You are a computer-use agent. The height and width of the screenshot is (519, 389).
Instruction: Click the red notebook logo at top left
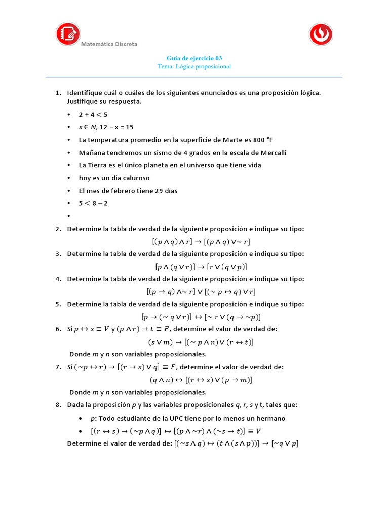point(68,34)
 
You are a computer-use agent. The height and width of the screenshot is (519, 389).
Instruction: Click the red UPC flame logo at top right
point(322,34)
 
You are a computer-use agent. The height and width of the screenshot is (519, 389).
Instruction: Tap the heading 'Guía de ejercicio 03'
point(194,58)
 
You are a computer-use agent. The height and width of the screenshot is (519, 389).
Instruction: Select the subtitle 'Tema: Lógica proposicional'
point(194,67)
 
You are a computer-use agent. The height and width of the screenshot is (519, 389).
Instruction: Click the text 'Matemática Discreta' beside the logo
point(109,44)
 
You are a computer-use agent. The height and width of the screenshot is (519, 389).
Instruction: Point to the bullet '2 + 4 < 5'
point(93,114)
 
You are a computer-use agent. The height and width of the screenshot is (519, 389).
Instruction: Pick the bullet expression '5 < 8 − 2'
point(93,203)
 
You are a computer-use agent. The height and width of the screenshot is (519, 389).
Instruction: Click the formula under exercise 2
point(201,242)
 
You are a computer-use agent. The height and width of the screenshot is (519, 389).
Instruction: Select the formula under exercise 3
point(201,267)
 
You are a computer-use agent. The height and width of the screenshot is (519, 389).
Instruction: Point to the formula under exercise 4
point(201,291)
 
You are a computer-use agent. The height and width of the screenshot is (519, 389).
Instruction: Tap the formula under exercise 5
point(201,317)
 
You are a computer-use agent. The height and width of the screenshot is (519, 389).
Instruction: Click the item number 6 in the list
point(58,329)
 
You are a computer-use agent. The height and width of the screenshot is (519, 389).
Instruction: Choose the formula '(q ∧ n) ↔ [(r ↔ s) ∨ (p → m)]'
point(201,380)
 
